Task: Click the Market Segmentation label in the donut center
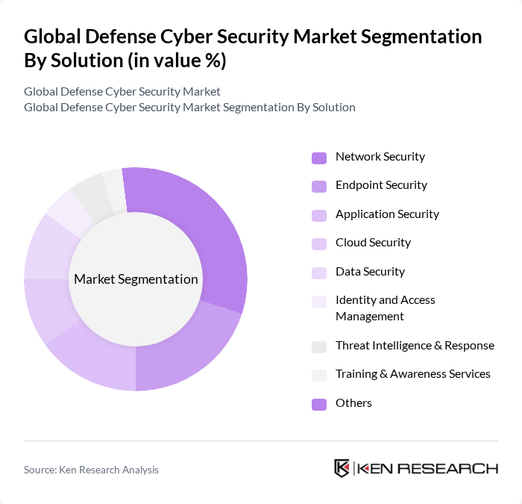(x=136, y=279)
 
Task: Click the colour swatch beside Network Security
(x=318, y=158)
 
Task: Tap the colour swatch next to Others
(x=318, y=404)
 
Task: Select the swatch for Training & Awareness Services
(x=318, y=375)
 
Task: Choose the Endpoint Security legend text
(x=381, y=185)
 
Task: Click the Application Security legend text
(x=387, y=214)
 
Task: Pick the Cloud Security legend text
(x=373, y=243)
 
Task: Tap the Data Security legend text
(x=370, y=272)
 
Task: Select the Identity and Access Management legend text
(x=385, y=308)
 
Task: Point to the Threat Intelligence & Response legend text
(x=415, y=346)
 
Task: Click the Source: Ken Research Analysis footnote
(x=91, y=470)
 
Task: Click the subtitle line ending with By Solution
(x=189, y=107)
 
